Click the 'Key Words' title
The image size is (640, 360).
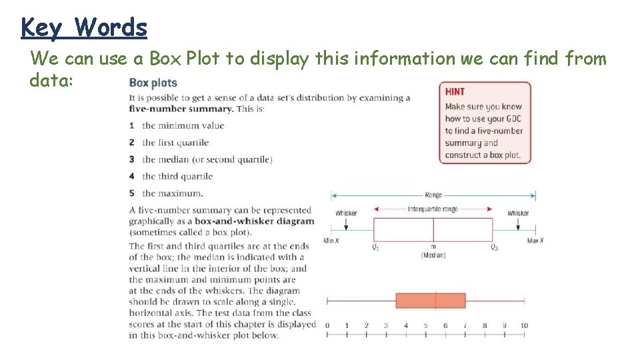(x=84, y=27)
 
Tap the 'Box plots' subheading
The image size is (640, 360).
(x=153, y=83)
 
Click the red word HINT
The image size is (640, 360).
(x=455, y=91)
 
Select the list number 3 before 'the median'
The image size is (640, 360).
(x=132, y=159)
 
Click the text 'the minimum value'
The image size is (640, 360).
(x=183, y=125)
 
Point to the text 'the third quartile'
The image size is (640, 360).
(x=177, y=176)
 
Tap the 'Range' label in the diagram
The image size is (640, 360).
(x=433, y=195)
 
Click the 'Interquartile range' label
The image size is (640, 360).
(x=433, y=209)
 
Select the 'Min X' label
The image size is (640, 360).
(x=331, y=241)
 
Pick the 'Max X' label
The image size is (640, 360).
(x=535, y=241)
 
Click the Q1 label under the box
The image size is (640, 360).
(x=375, y=247)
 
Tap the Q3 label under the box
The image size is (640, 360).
(x=494, y=247)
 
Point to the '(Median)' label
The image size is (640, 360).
(x=433, y=255)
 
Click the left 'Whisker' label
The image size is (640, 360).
(x=346, y=213)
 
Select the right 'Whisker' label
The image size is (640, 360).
(x=518, y=213)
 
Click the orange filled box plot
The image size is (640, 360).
(x=430, y=300)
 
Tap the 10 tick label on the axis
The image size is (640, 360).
(x=525, y=325)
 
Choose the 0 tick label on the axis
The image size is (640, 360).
(x=327, y=325)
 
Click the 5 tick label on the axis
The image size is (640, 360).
(x=425, y=325)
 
